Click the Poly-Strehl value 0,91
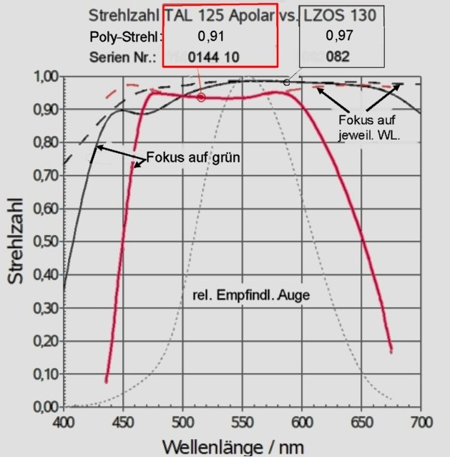[211, 36]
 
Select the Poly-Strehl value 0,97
[339, 36]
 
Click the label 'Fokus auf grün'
[192, 157]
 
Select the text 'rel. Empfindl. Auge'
[250, 294]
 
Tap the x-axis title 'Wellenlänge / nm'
[233, 446]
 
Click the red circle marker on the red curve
[202, 97]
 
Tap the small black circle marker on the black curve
[286, 82]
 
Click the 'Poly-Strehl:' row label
[126, 37]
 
